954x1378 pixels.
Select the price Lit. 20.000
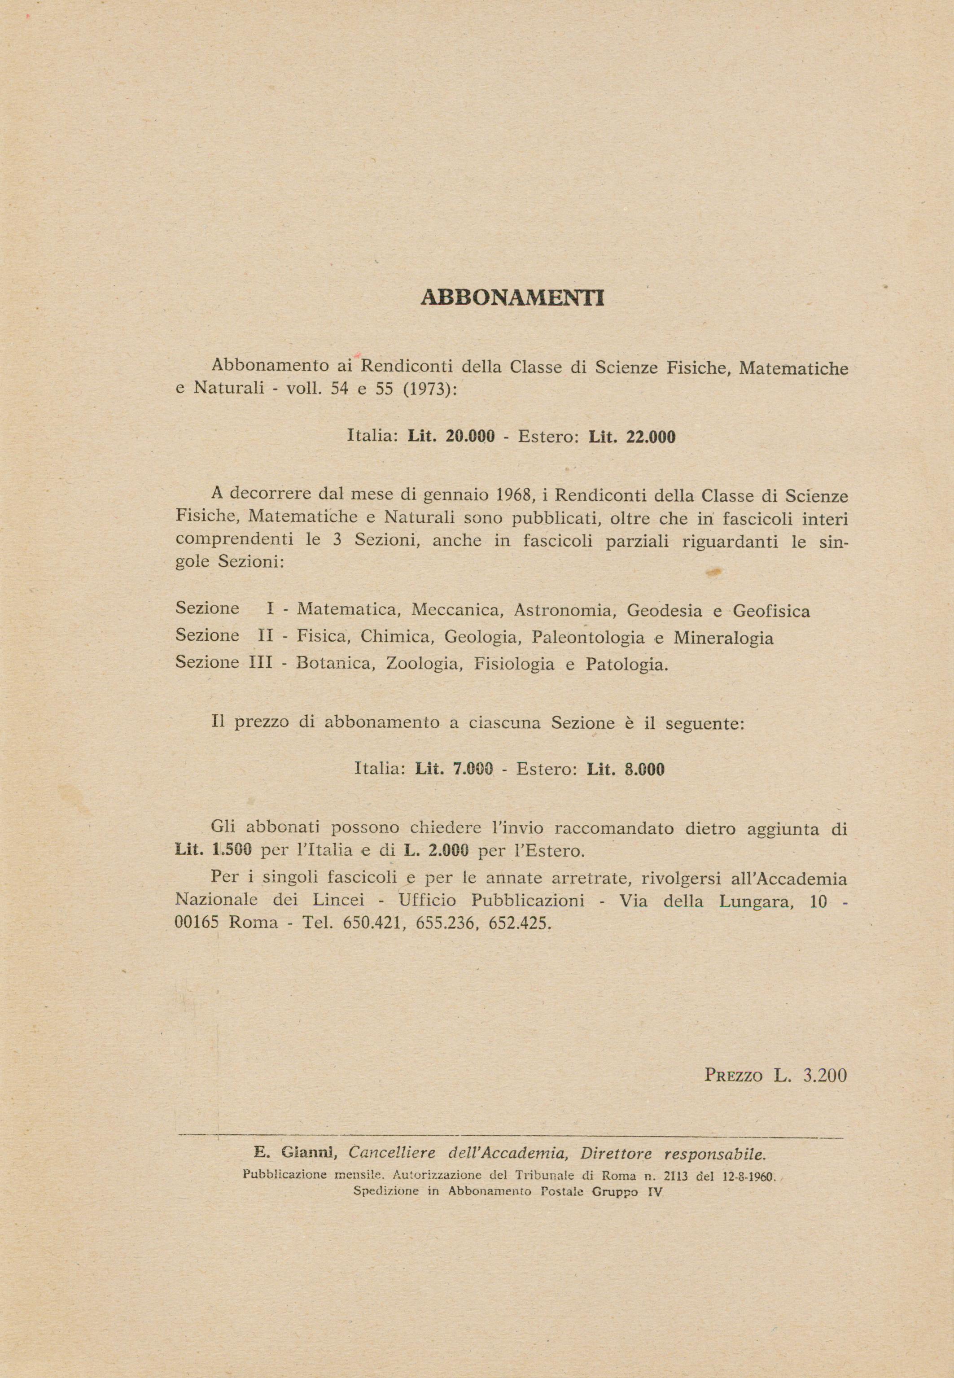coord(451,437)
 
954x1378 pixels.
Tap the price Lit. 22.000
coord(632,437)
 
